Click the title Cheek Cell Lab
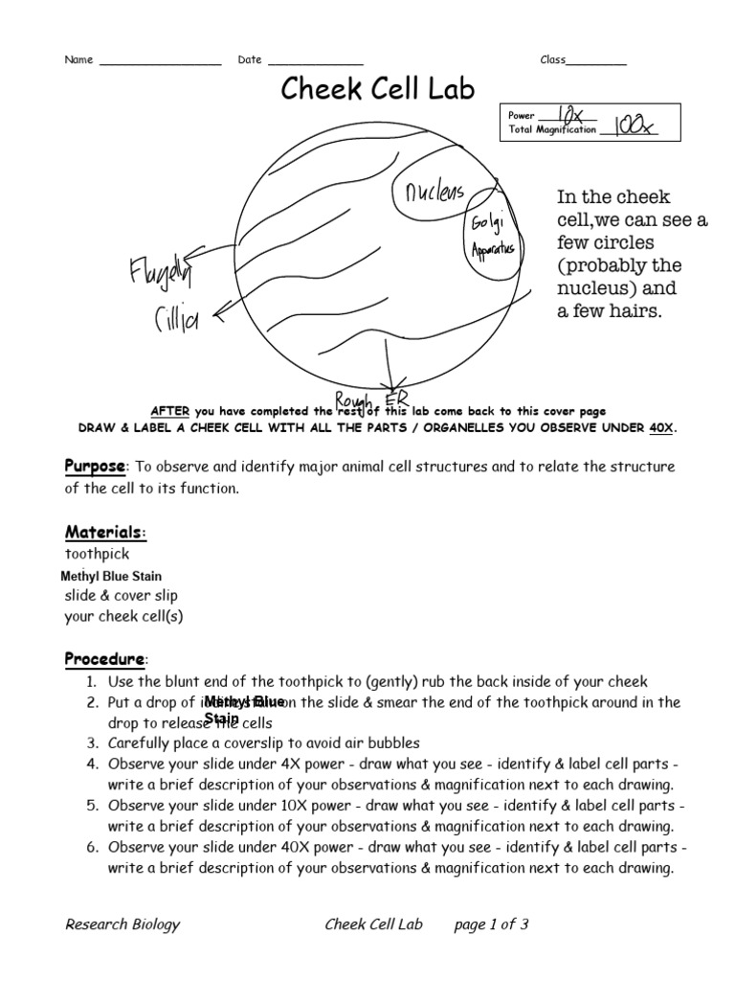tap(376, 89)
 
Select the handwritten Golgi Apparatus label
tap(492, 236)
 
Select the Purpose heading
tap(95, 467)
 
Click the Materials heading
tap(105, 532)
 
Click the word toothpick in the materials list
tap(97, 554)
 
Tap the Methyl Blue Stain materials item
tap(111, 576)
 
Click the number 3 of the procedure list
tap(91, 742)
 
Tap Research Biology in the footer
tap(122, 924)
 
